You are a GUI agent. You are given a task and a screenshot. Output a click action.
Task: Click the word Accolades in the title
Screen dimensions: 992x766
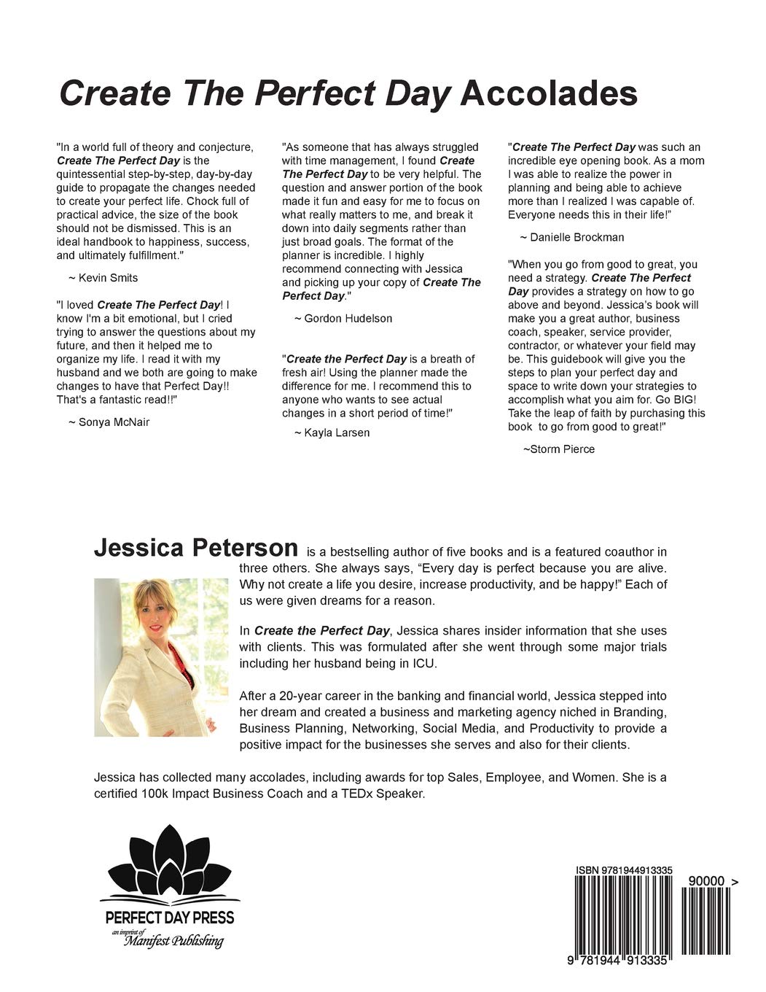pos(550,95)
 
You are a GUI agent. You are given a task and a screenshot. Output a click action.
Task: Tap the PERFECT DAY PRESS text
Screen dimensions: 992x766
pos(171,917)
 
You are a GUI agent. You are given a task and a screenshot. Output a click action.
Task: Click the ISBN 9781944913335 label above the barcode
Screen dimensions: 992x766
pos(623,870)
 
